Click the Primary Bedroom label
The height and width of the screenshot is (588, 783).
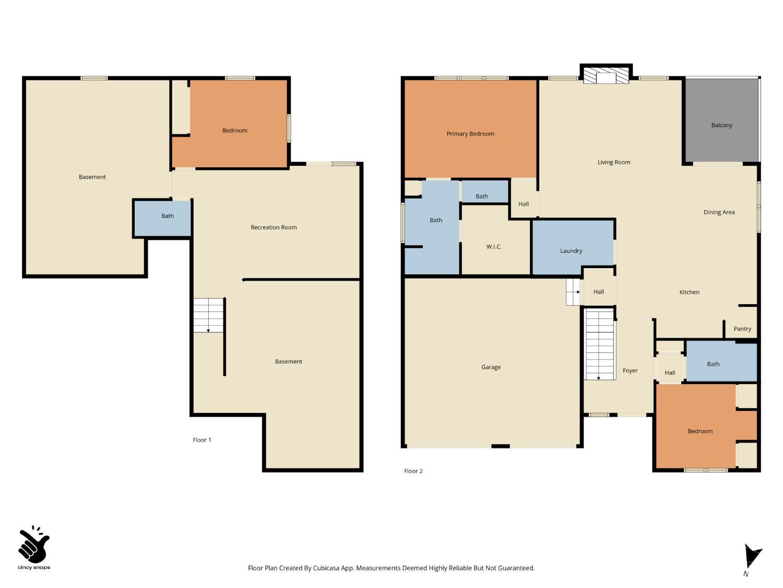[x=470, y=134]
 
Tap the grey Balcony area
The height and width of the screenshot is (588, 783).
[x=721, y=120]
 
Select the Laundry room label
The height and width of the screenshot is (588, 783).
[x=571, y=251]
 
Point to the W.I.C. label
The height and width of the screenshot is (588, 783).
[x=494, y=247]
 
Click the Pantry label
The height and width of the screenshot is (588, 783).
[x=742, y=329]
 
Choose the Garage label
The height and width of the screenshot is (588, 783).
[x=491, y=367]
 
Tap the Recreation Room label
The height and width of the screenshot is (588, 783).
[x=274, y=227]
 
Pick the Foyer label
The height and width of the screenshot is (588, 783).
[x=630, y=371]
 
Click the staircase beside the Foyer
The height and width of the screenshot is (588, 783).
[x=600, y=344]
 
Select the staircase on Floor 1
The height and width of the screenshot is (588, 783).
[x=208, y=315]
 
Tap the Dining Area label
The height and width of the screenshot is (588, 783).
[x=719, y=212]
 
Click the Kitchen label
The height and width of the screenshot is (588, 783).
[x=689, y=292]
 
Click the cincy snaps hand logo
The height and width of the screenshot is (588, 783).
[x=34, y=544]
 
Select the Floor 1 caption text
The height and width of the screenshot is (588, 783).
[x=202, y=440]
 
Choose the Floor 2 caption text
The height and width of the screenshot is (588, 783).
[x=413, y=471]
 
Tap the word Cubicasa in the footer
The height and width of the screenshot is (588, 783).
[x=326, y=568]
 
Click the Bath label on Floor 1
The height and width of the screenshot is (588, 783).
[x=168, y=216]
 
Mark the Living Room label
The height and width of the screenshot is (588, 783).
[x=613, y=163]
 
